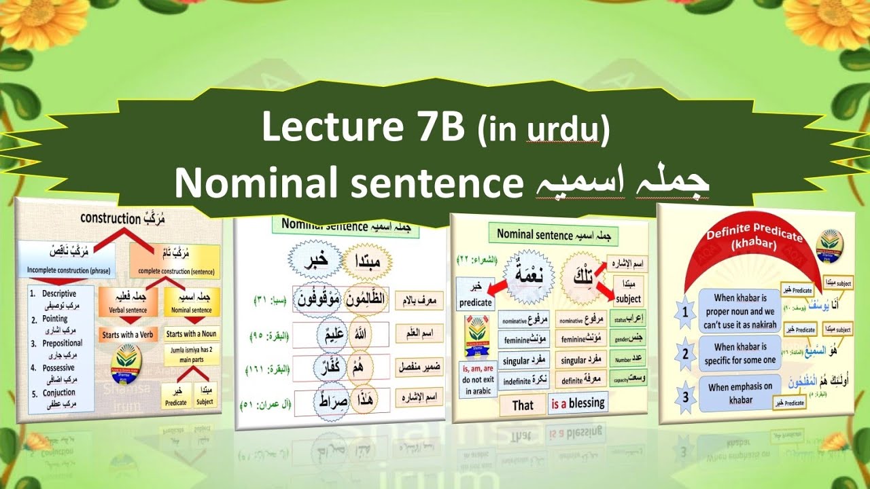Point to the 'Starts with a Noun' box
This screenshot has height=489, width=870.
192,334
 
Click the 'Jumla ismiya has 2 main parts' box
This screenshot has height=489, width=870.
191,356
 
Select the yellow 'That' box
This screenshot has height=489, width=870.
523,405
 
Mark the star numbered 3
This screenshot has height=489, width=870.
686,395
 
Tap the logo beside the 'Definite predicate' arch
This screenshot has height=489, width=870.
829,241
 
